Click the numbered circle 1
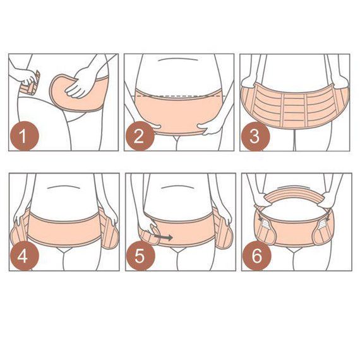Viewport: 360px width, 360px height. pos(23,136)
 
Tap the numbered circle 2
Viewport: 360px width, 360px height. pos(140,136)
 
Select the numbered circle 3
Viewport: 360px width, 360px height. pos(255,136)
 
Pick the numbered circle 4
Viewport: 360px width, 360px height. pos(23,256)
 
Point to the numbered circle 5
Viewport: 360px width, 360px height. pos(140,256)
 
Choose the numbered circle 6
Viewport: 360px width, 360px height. pos(256,256)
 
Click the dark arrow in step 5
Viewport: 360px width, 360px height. pos(163,237)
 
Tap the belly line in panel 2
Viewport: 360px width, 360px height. pos(179,59)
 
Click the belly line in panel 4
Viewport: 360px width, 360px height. pos(63,187)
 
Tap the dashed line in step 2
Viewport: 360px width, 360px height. pos(179,95)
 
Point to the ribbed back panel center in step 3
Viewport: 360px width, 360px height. pos(295,108)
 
